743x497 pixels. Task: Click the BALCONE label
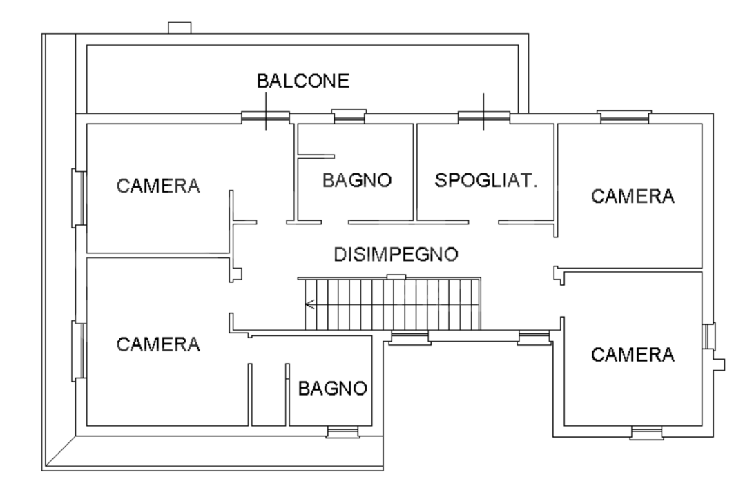[x=303, y=81]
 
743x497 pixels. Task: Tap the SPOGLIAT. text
[x=485, y=181]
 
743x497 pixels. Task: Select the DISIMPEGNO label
[x=396, y=254]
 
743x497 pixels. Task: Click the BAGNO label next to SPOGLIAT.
[x=357, y=181]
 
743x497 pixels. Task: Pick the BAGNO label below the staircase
[x=331, y=388]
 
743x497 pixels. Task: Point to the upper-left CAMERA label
[x=158, y=186]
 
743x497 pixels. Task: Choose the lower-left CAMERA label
[x=158, y=343]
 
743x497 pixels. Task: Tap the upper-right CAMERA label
[x=633, y=196]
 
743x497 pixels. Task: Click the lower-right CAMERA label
[x=633, y=355]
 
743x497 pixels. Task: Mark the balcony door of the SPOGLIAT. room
[x=484, y=117]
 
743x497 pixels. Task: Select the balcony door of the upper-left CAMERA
[x=266, y=117]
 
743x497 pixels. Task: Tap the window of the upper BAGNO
[x=349, y=117]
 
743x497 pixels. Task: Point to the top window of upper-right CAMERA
[x=625, y=117]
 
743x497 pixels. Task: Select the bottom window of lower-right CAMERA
[x=647, y=433]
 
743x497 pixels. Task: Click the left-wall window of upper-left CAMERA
[x=79, y=197]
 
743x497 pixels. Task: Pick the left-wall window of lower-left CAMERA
[x=79, y=349]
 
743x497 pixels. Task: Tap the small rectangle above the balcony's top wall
[x=180, y=28]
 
